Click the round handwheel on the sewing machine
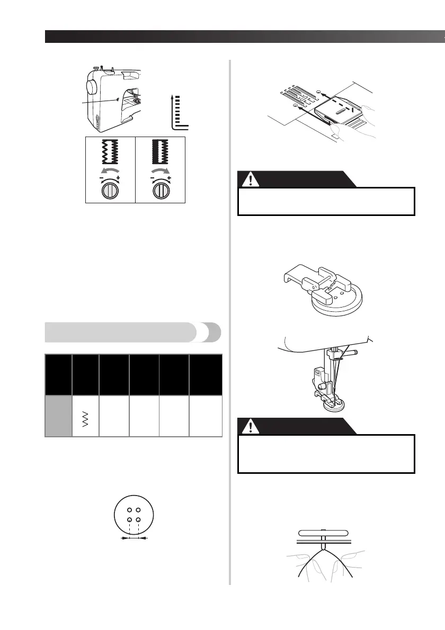(91, 87)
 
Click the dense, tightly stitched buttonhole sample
(161, 152)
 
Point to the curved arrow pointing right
(161, 172)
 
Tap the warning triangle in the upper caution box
(251, 179)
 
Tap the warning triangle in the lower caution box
(251, 426)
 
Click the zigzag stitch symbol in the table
(85, 419)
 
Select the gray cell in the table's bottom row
(58, 416)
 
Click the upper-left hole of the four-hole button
(129, 510)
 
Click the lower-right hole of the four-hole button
(138, 520)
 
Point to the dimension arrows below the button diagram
(134, 537)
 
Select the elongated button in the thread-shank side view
(323, 534)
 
